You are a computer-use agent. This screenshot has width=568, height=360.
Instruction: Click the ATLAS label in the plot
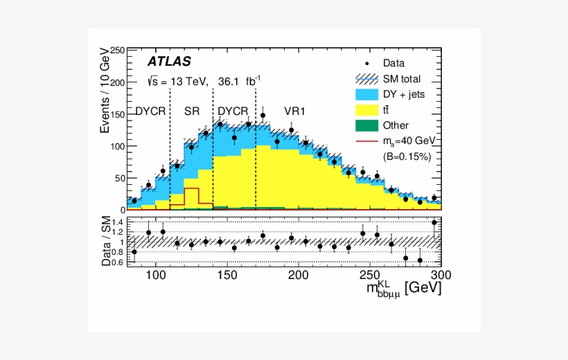click(x=169, y=62)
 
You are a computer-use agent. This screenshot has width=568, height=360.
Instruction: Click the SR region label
click(x=192, y=111)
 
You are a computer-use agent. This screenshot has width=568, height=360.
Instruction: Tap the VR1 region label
click(x=294, y=111)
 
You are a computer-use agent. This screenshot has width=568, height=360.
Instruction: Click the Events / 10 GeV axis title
click(x=105, y=90)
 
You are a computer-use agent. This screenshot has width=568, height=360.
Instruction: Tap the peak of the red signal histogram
click(x=191, y=188)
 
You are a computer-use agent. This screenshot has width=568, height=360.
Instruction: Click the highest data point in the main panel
click(x=263, y=116)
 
